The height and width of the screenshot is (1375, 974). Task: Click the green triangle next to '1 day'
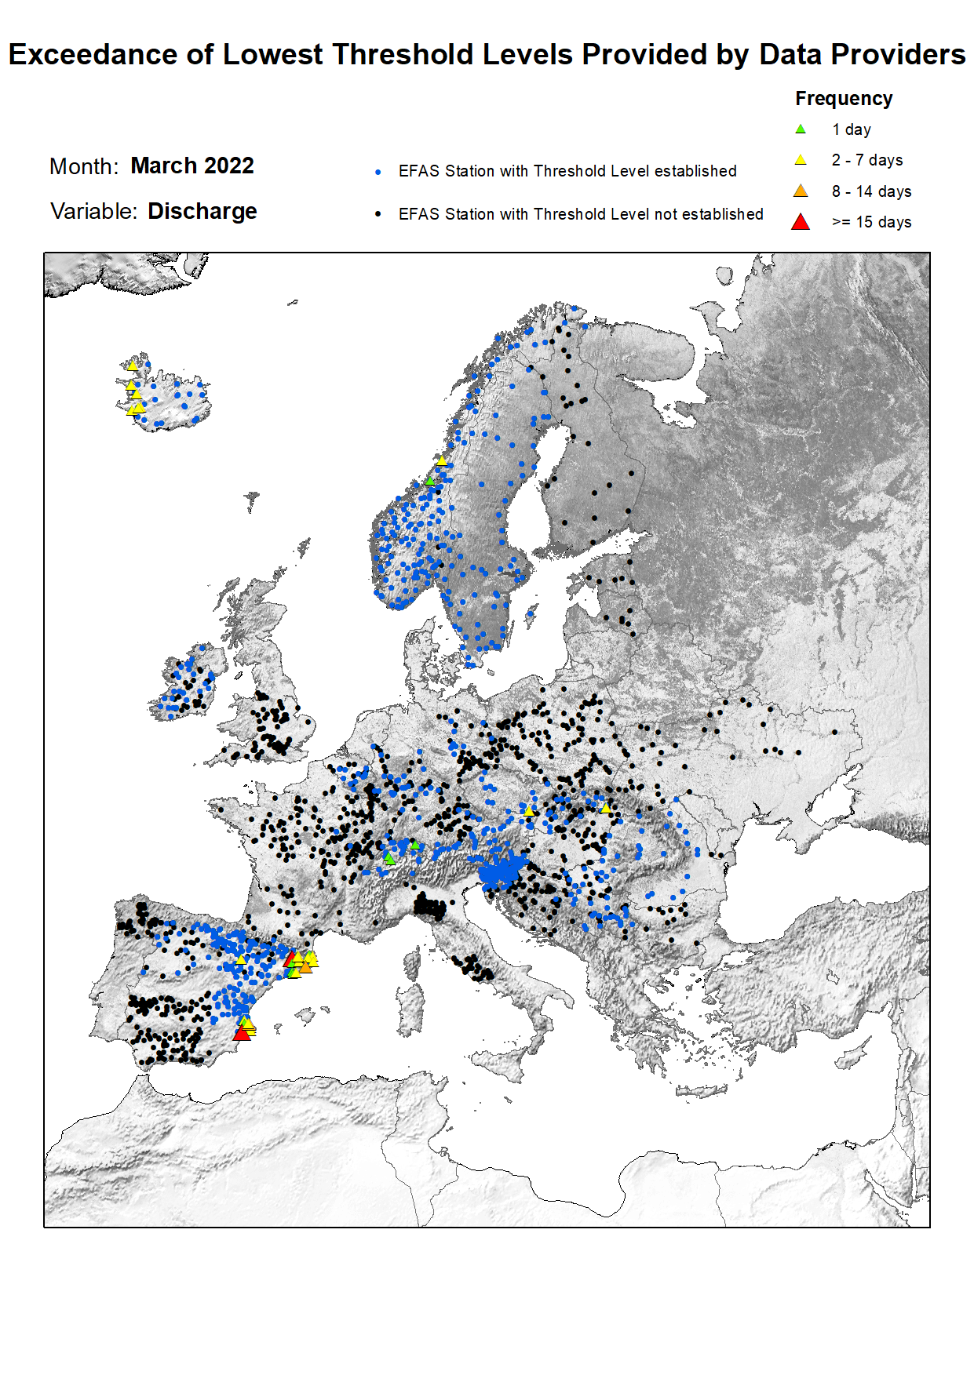[x=800, y=129]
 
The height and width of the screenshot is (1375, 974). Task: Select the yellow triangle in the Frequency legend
[x=800, y=160]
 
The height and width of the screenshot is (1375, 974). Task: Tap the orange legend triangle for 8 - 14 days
[x=800, y=191]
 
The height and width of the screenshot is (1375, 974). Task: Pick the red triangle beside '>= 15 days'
[x=800, y=222]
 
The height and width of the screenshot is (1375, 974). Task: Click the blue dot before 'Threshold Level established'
[x=378, y=172]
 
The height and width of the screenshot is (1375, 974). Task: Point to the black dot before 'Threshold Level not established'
[x=378, y=214]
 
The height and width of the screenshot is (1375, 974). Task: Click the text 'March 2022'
[x=192, y=166]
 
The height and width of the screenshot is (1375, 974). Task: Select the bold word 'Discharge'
[x=202, y=212]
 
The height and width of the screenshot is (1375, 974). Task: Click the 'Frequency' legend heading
[x=844, y=99]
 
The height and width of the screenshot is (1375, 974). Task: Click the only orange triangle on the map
[x=305, y=967]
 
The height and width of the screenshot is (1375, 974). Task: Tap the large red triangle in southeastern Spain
[x=242, y=1034]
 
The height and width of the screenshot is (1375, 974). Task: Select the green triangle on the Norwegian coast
[x=430, y=480]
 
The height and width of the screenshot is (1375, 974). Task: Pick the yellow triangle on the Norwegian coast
[x=442, y=460]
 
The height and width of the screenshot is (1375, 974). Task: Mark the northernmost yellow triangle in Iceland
[x=133, y=365]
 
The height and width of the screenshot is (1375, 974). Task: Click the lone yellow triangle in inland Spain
[x=241, y=959]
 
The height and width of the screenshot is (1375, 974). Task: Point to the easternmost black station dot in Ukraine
[x=834, y=733]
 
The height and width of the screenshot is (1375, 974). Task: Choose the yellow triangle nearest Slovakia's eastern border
[x=605, y=807]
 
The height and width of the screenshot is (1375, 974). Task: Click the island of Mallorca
[x=305, y=1017]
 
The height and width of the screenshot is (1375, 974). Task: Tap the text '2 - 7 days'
[x=867, y=160]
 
